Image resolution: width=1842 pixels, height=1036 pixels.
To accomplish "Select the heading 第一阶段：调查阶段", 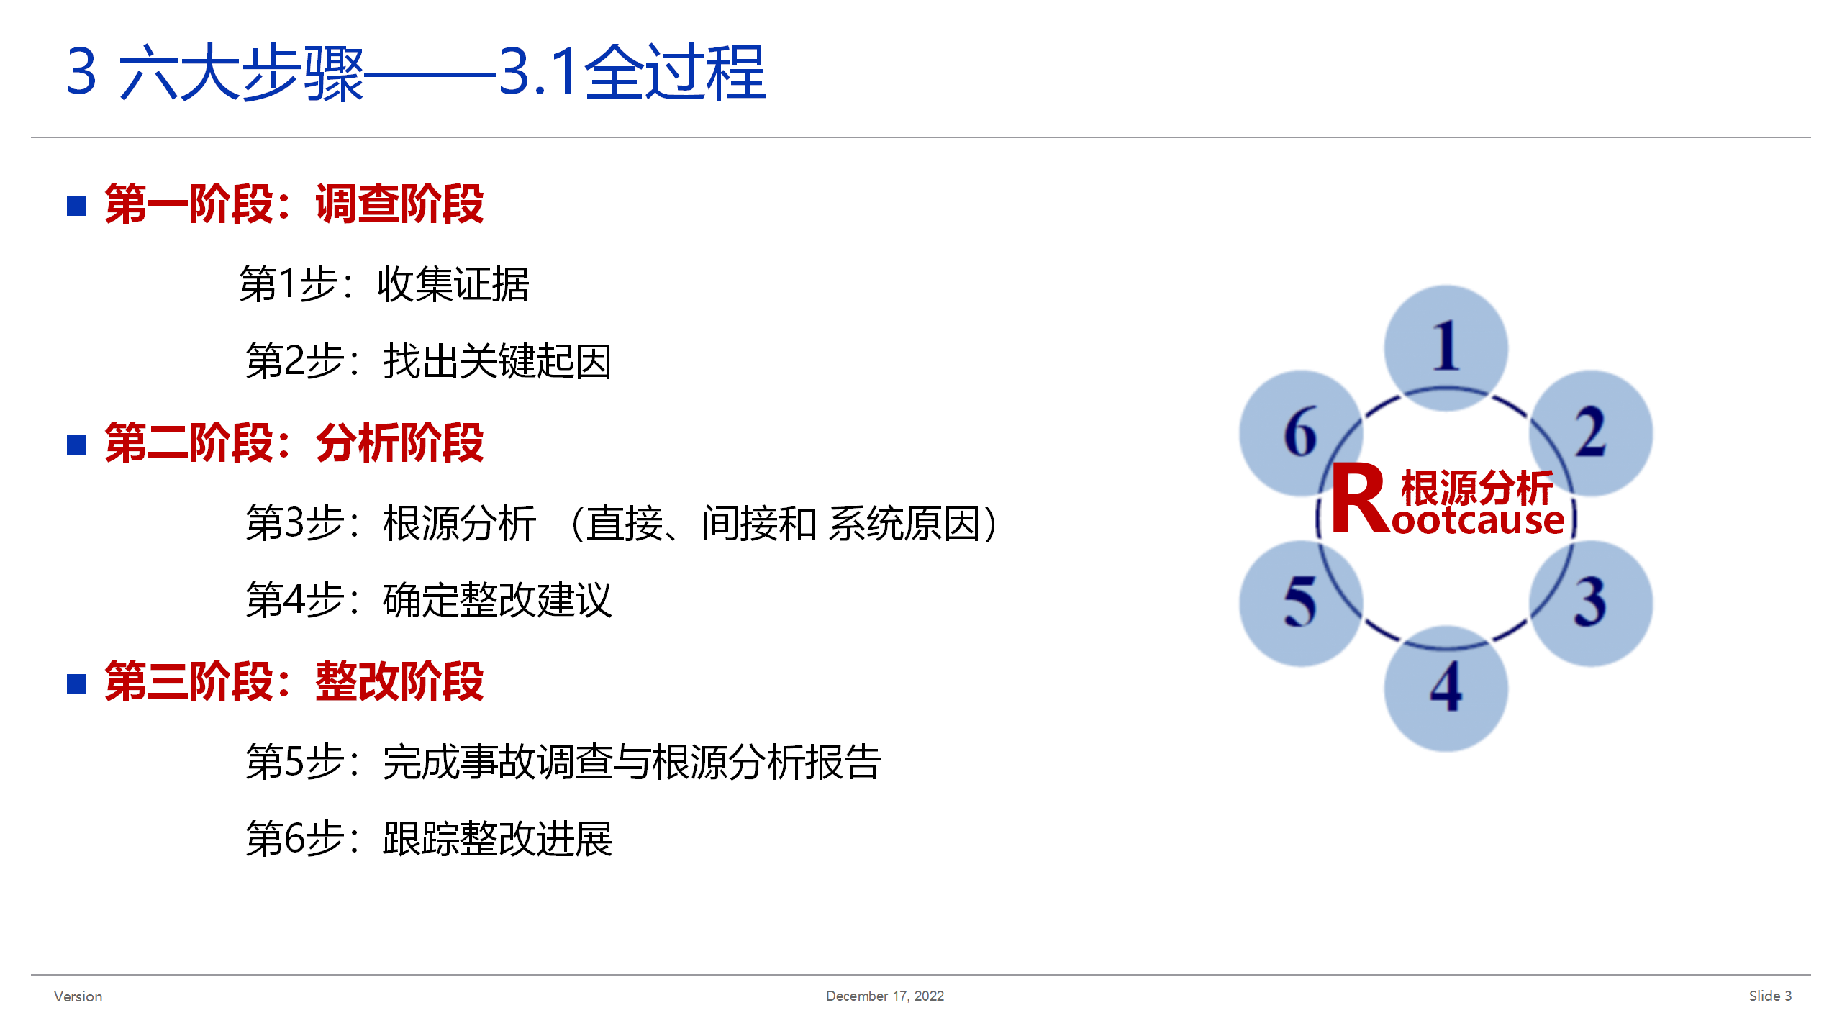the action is click(294, 204).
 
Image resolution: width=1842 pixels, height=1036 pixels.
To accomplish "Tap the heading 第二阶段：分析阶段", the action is click(294, 443).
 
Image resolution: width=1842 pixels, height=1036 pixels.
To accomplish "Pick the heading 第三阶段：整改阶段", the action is click(294, 682).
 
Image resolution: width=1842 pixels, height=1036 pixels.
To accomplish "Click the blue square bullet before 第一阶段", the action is click(77, 206).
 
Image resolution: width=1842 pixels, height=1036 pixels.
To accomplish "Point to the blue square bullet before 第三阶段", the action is click(77, 684).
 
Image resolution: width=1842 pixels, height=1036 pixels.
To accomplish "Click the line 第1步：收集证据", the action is click(384, 284).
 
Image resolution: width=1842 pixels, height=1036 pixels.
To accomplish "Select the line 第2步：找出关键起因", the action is click(429, 361).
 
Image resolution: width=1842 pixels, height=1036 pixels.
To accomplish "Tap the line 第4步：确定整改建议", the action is click(429, 600).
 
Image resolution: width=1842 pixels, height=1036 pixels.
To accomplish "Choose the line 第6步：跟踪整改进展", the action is click(429, 839).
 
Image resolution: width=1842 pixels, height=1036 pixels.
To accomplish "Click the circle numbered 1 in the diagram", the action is click(1446, 348).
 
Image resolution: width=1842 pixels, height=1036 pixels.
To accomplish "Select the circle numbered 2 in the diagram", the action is click(1591, 433).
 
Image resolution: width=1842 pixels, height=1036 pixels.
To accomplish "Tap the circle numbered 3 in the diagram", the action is click(1591, 603).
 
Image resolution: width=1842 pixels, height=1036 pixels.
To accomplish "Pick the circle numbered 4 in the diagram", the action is click(1446, 689).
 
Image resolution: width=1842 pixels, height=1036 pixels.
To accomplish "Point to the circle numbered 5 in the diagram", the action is click(1302, 603).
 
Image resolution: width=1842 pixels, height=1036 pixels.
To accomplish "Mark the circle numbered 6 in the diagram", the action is click(1302, 433).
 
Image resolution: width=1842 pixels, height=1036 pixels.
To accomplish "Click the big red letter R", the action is click(1360, 498).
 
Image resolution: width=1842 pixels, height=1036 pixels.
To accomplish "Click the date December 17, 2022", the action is click(885, 996).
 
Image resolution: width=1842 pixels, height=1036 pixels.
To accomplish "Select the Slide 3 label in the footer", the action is click(1771, 996).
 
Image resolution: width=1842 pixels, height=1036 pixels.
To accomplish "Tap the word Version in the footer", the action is click(78, 996).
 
